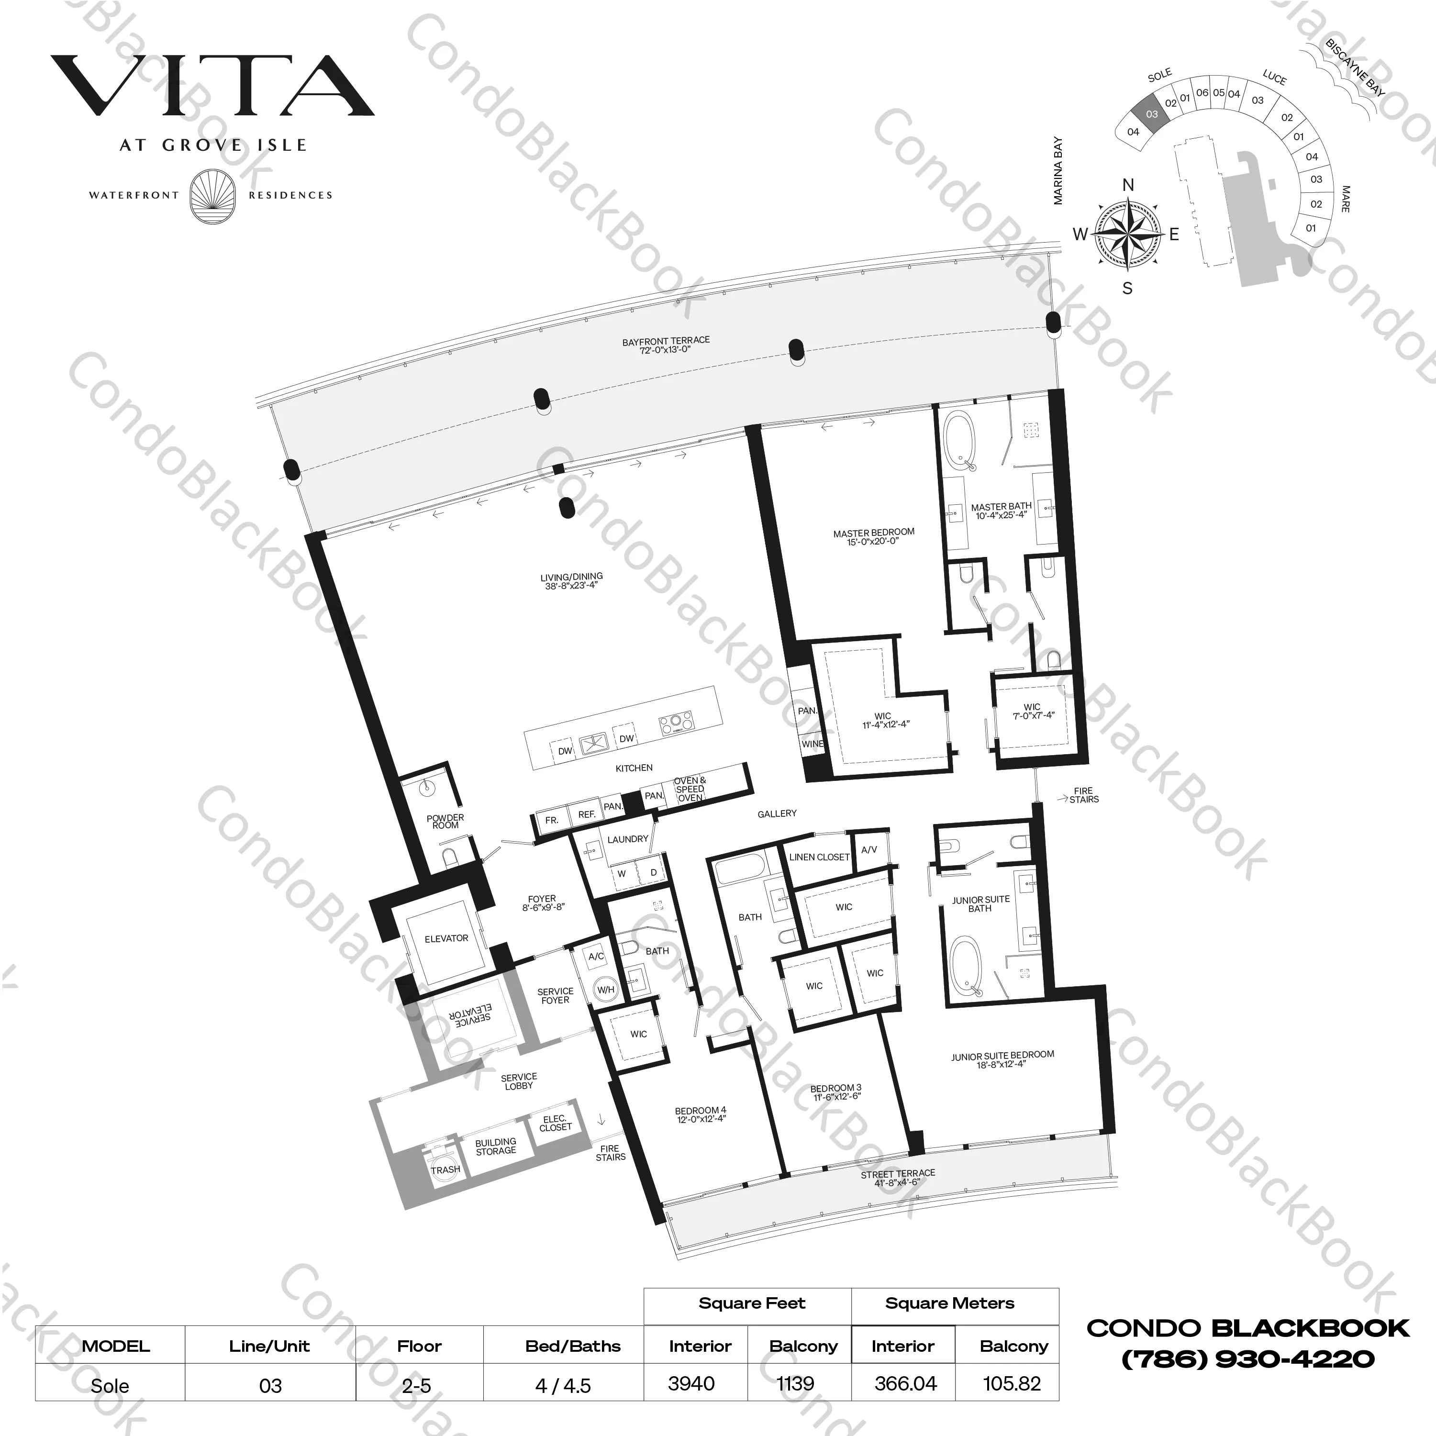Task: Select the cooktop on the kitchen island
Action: tap(677, 723)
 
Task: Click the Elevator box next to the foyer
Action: tap(446, 939)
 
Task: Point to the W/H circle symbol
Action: tap(606, 989)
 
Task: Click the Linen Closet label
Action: tap(819, 857)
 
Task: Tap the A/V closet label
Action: tap(869, 849)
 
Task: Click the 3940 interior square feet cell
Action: tap(691, 1383)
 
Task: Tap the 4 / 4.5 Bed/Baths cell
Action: tap(563, 1385)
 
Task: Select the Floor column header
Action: tap(419, 1346)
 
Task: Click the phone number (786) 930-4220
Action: tap(1247, 1359)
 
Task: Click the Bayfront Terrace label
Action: tap(666, 344)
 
